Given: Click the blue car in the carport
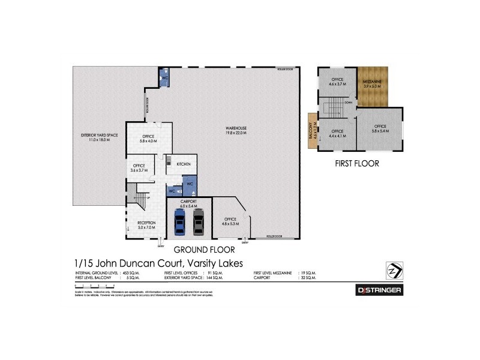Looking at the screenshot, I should [179, 222].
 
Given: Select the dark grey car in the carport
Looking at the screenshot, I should [199, 222].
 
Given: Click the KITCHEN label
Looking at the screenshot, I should [184, 164].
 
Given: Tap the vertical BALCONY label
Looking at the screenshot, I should [312, 131].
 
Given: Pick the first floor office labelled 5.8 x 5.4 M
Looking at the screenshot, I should [380, 128].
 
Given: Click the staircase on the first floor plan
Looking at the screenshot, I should [332, 109].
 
